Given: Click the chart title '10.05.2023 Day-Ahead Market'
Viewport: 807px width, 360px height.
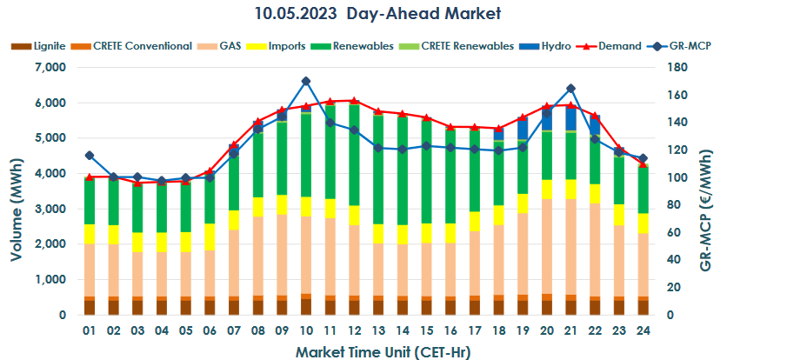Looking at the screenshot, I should (x=403, y=14).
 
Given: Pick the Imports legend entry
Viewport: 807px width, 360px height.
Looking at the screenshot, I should (x=285, y=46).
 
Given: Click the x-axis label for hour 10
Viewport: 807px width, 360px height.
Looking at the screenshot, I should (x=305, y=331).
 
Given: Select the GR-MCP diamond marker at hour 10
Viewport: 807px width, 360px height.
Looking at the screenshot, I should (x=305, y=82).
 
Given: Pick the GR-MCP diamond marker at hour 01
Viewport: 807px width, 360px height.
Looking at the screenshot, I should (x=90, y=156).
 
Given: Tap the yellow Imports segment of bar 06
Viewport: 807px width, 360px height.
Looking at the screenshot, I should (x=210, y=237).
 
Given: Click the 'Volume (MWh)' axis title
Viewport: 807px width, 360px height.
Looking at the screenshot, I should (x=17, y=209).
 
